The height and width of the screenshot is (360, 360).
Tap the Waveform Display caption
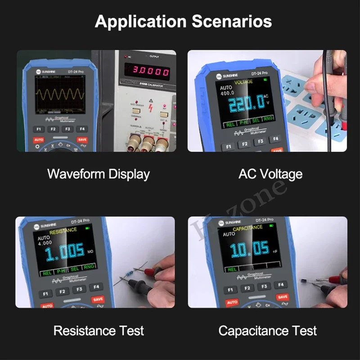[98, 174]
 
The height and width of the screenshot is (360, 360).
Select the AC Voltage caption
[270, 174]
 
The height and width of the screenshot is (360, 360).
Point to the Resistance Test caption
[99, 331]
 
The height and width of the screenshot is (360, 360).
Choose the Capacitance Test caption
[267, 331]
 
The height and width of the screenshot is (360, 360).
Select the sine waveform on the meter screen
[60, 94]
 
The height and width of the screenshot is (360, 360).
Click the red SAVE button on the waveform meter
[82, 140]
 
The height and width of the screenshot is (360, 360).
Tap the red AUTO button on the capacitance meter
[232, 302]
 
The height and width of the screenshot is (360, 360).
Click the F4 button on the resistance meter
[95, 287]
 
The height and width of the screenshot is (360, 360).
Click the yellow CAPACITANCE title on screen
[247, 228]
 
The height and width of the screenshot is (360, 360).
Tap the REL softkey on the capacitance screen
[231, 269]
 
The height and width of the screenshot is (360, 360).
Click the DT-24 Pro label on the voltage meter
[259, 72]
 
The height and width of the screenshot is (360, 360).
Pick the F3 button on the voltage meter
[260, 142]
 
